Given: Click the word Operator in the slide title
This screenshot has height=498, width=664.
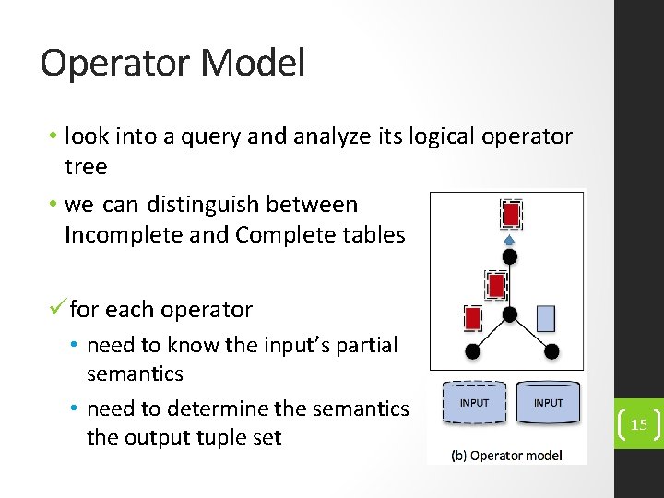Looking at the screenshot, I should (113, 64).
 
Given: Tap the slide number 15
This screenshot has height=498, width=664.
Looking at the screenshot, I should (638, 425).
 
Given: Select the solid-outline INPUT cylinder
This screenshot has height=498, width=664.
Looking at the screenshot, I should (548, 402).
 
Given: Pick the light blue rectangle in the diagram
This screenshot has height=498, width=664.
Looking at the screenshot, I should (546, 318).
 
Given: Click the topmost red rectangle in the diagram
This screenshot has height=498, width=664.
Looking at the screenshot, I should (510, 215).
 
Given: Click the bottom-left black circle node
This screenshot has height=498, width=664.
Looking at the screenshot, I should (472, 351).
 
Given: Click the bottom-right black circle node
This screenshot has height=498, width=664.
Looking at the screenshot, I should (551, 351).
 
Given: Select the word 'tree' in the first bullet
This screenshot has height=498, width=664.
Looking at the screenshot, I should (86, 167).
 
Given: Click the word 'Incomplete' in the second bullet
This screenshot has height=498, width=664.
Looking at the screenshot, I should (116, 235).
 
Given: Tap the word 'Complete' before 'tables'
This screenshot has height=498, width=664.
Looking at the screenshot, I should (282, 235).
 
